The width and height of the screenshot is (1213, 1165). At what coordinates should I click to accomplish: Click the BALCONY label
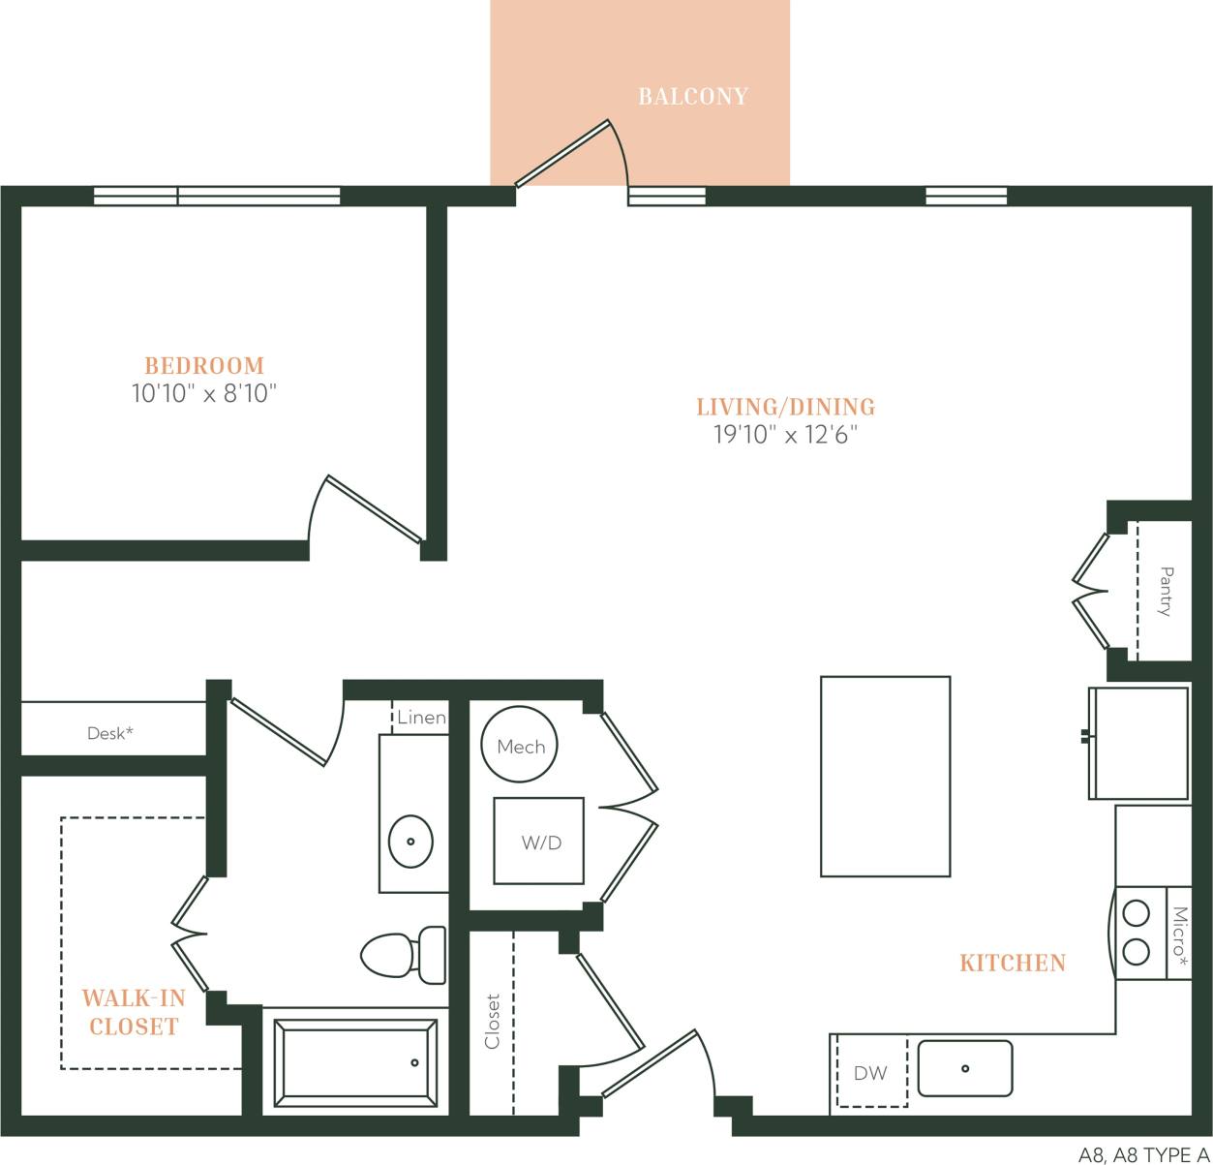click(x=692, y=97)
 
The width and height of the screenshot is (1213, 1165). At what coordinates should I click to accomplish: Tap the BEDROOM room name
click(x=204, y=366)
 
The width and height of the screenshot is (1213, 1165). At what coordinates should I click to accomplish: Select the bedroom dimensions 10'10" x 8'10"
click(x=204, y=394)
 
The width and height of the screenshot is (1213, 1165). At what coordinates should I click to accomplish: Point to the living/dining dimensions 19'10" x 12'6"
click(x=786, y=435)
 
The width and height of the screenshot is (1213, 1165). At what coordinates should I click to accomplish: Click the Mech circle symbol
click(x=520, y=746)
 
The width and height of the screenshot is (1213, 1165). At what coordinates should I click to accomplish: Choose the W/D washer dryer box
click(x=539, y=842)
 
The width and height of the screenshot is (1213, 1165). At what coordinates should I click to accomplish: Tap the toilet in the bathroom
click(x=402, y=955)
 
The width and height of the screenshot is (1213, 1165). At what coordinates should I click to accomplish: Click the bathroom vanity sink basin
click(x=410, y=842)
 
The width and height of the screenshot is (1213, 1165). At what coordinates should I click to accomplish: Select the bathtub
click(x=356, y=1062)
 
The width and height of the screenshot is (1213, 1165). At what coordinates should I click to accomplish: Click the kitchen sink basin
click(x=964, y=1068)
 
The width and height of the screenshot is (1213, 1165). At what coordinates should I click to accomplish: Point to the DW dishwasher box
click(x=870, y=1073)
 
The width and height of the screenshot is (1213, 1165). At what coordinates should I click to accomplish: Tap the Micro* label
click(x=1179, y=933)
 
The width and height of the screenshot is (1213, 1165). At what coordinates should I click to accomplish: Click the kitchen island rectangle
click(x=885, y=776)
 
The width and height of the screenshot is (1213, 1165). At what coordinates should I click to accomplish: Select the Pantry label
click(x=1166, y=591)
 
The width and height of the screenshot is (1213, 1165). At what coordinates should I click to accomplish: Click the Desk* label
click(x=109, y=733)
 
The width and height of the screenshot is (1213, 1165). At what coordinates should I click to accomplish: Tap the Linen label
click(x=421, y=718)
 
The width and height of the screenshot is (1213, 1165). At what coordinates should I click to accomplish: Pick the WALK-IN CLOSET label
click(x=134, y=1013)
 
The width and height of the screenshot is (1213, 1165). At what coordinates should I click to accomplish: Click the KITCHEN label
click(x=1012, y=963)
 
